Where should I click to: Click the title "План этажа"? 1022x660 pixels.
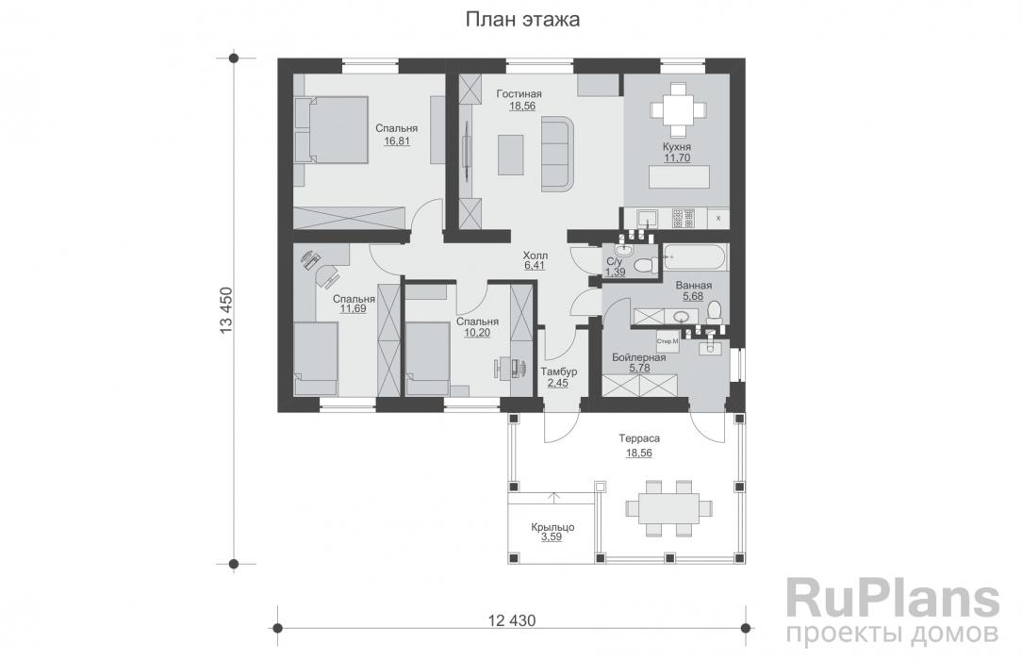pos(522,20)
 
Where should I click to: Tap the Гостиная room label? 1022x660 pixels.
pos(519,94)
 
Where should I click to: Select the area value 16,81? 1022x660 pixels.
pos(397,140)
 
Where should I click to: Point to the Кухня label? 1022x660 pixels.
pos(677,146)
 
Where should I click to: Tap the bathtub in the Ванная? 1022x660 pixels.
pos(695,257)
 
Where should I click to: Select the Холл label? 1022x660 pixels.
pos(536,255)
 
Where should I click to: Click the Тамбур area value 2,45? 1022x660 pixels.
pos(557,383)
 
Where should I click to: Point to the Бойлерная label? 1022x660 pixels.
pos(639,357)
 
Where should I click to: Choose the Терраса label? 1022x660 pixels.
pos(639,439)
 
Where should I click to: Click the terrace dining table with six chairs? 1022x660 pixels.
pos(669,507)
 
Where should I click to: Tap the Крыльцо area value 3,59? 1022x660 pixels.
pos(552,537)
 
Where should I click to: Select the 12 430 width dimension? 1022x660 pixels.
pos(512,620)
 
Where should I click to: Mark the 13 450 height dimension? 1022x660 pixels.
pos(226,311)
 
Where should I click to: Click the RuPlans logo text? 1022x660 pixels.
pos(892,600)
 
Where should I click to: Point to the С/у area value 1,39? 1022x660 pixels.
pos(615,272)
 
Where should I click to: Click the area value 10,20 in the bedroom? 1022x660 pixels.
pos(477,332)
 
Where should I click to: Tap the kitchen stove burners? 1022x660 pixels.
pos(684,218)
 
